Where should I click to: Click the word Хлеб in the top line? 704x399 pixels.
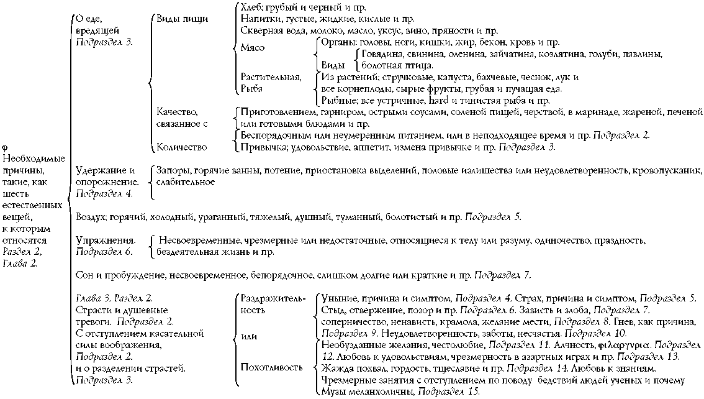pos(252,8)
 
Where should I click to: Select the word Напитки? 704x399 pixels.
pos(258,19)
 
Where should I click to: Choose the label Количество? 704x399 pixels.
pos(183,147)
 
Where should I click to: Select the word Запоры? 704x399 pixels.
pos(173,170)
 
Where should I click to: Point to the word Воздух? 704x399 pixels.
pos(90,217)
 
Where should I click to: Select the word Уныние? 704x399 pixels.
pos(338,298)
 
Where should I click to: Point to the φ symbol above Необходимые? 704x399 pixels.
pos(5,147)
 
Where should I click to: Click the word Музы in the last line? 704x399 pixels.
pos(334,392)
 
